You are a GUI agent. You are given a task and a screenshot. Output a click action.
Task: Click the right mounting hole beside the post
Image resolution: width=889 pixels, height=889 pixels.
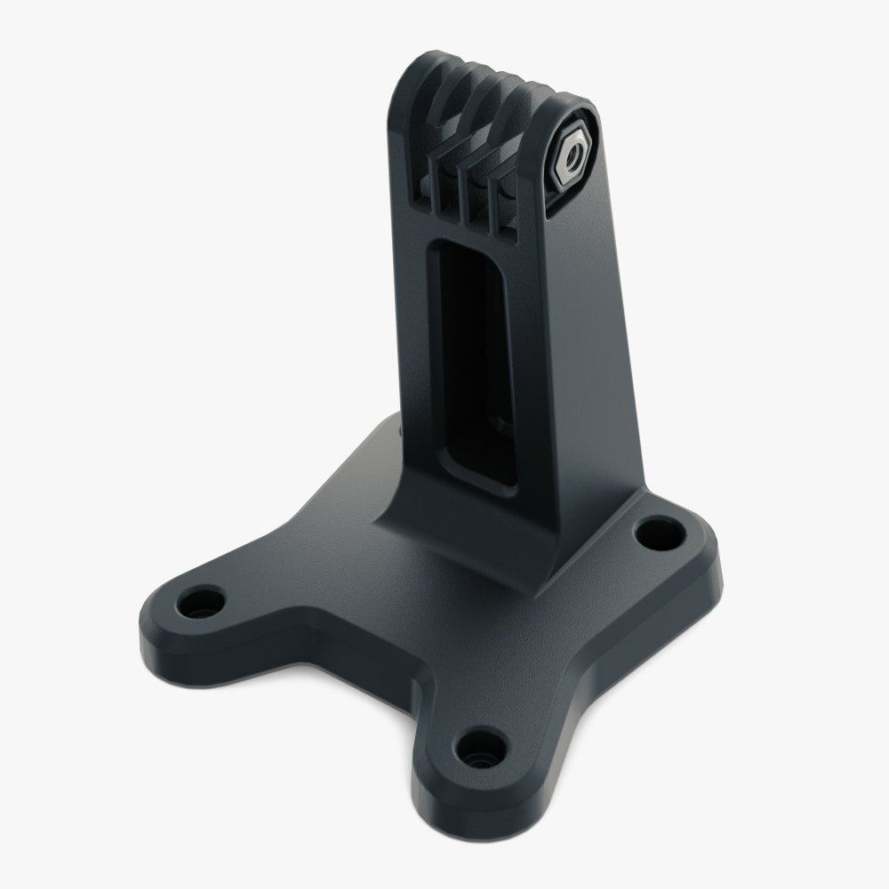click(659, 533)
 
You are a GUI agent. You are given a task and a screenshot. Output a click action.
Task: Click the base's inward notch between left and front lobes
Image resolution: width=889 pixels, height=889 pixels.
click(356, 649)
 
